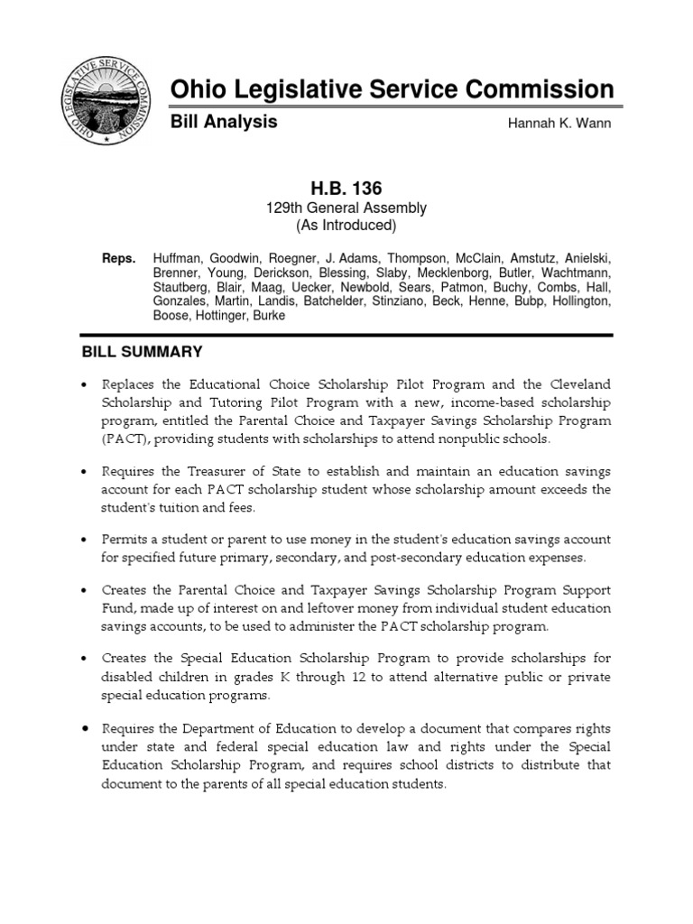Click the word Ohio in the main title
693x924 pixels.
pos(198,89)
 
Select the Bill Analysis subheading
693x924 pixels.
pos(224,122)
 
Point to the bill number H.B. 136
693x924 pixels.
pos(346,189)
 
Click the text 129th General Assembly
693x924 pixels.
pos(346,208)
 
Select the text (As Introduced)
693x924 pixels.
pos(346,226)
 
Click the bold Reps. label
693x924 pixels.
pos(117,258)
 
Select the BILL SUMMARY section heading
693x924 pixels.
pos(143,351)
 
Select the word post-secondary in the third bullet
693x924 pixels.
pos(412,557)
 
